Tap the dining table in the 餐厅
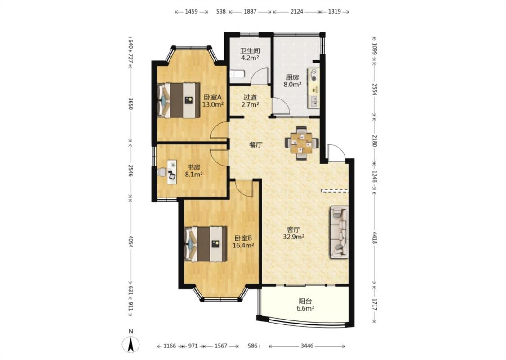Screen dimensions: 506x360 click(x=302, y=143)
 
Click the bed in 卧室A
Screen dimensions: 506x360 click(x=178, y=100)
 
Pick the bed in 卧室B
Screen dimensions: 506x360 click(x=205, y=244)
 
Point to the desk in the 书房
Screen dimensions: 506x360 click(x=172, y=172)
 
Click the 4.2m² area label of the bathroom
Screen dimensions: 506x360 click(x=250, y=58)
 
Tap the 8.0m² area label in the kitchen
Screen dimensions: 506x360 click(x=292, y=85)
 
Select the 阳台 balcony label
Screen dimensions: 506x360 click(x=305, y=301)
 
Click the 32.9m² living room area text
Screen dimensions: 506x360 click(x=294, y=237)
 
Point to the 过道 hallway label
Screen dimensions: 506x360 click(x=250, y=97)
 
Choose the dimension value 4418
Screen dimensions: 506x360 click(x=374, y=238)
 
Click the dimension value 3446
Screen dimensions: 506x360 click(x=307, y=346)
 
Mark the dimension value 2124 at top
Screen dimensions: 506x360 click(x=296, y=12)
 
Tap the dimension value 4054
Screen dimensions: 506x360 click(x=130, y=242)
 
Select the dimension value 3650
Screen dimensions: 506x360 click(x=130, y=104)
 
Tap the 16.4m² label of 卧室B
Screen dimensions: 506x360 click(x=243, y=245)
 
